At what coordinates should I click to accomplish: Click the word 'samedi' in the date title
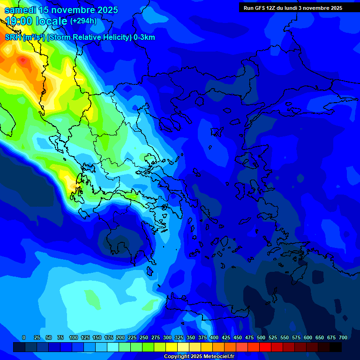[21, 10]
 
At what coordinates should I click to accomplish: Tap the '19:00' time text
[19, 21]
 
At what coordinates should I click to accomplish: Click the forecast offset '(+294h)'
[83, 21]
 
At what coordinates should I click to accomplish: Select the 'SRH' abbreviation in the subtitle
[13, 37]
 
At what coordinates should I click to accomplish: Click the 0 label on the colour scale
[24, 338]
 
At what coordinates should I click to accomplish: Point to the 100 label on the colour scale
[74, 338]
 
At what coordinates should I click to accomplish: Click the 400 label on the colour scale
[214, 338]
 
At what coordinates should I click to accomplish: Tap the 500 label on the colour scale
[261, 338]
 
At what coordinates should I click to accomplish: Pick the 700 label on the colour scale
[343, 338]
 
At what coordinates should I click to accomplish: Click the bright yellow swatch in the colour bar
[172, 347]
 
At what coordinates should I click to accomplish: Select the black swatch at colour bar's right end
[336, 347]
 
